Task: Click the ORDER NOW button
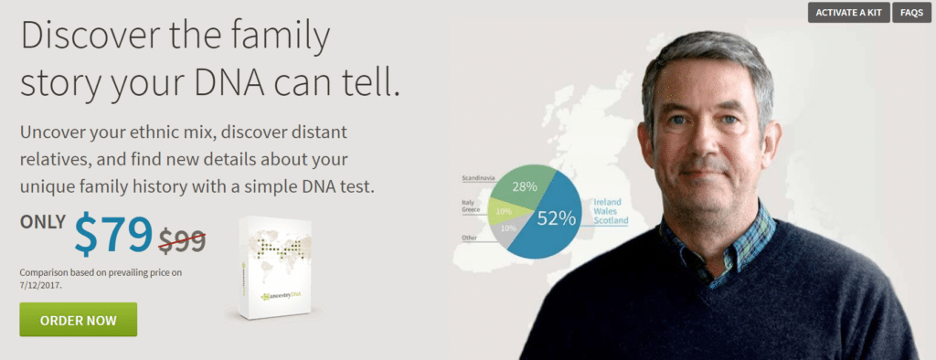tap(78, 319)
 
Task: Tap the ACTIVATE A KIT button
tap(848, 13)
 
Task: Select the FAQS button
tap(911, 13)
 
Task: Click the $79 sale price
tap(113, 235)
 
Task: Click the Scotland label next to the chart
tap(611, 220)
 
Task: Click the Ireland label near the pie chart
tap(608, 200)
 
